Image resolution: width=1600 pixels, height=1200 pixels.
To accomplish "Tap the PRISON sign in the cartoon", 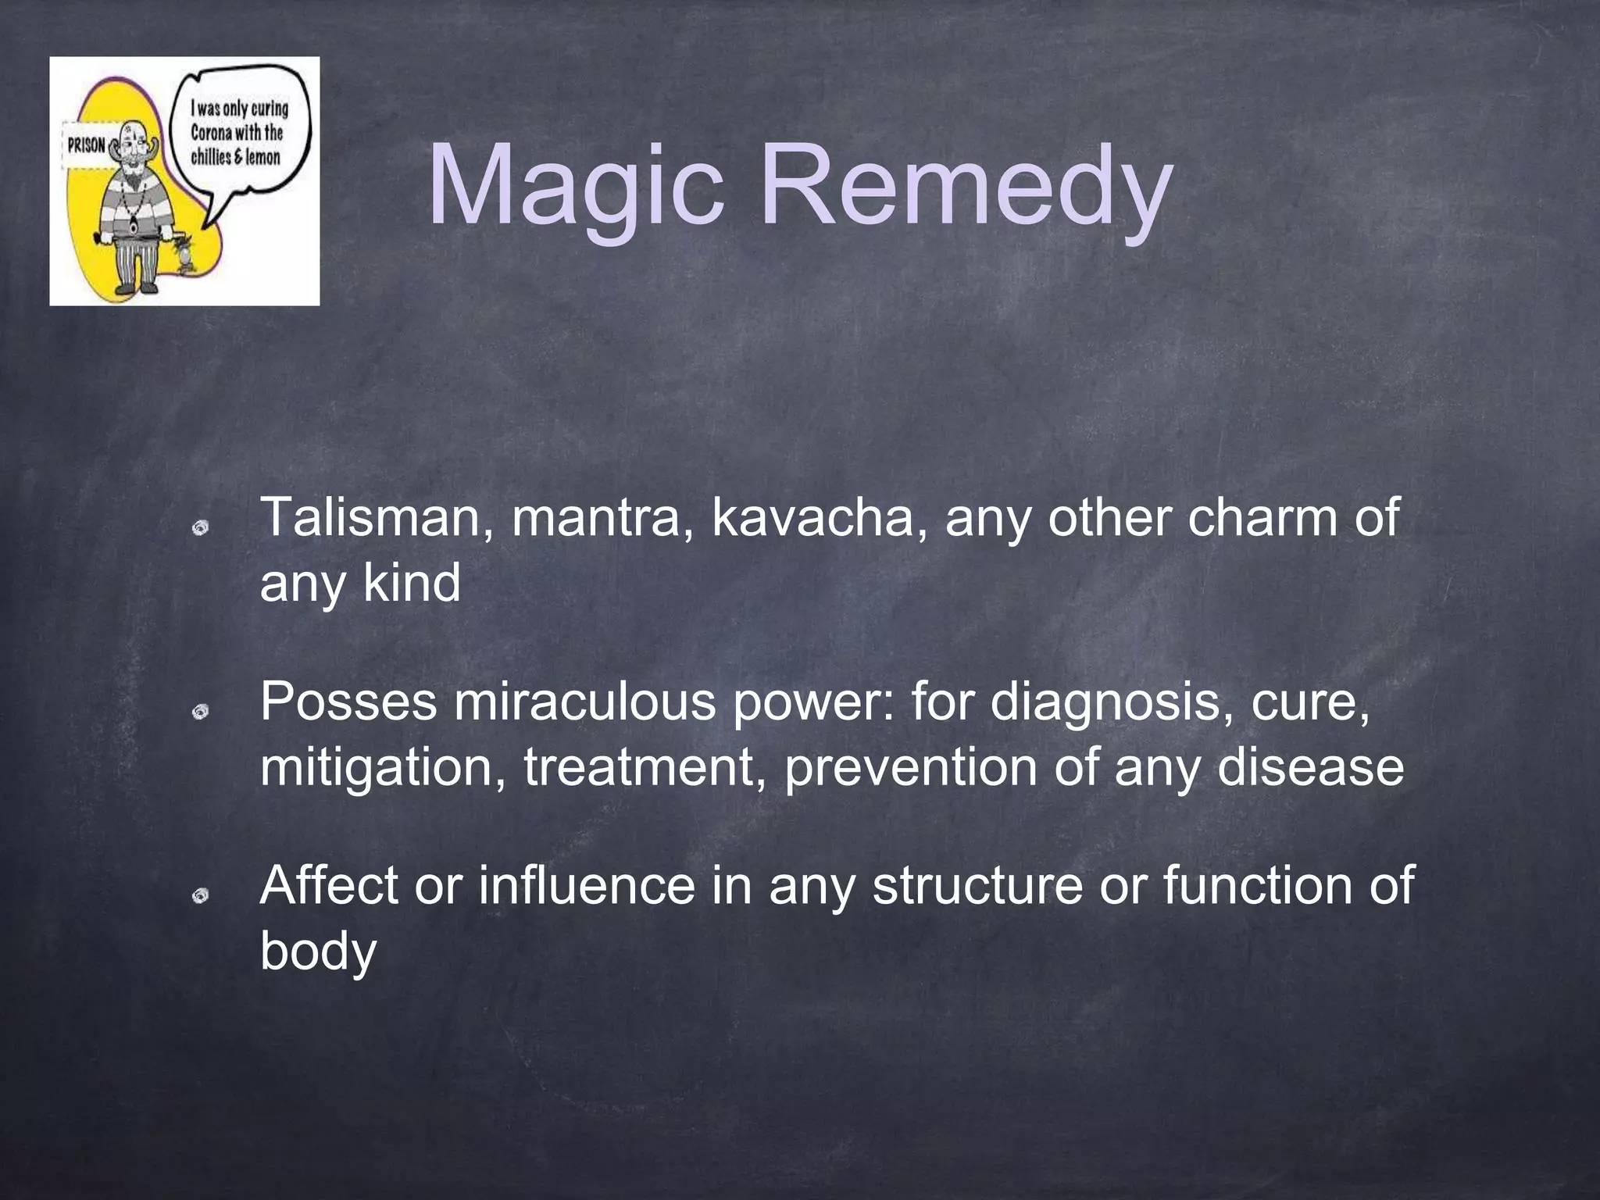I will pos(87,146).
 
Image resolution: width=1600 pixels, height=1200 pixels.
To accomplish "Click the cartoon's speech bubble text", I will pos(237,133).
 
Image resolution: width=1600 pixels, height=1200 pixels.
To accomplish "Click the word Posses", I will pos(348,701).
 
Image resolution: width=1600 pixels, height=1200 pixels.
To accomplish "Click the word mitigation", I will pos(383,767).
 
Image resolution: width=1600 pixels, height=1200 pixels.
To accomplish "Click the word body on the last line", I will pos(318,952).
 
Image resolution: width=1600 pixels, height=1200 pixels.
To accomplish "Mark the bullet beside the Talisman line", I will pos(201,529).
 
